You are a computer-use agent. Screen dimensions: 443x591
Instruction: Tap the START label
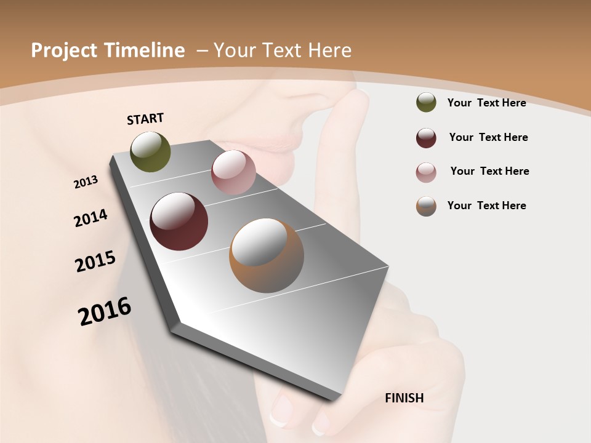pyautogui.click(x=145, y=119)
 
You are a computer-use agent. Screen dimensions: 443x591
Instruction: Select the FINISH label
pyautogui.click(x=404, y=398)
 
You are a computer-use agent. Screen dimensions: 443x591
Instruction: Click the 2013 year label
pyautogui.click(x=86, y=182)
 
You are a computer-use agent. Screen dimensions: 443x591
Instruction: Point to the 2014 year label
pyautogui.click(x=91, y=218)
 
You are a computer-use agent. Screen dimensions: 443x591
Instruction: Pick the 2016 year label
pyautogui.click(x=105, y=311)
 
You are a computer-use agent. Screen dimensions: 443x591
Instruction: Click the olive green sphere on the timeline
pyautogui.click(x=150, y=151)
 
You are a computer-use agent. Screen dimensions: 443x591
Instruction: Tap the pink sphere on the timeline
pyautogui.click(x=233, y=172)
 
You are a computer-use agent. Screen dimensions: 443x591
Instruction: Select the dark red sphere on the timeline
pyautogui.click(x=179, y=221)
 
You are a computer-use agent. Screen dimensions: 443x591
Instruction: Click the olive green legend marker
pyautogui.click(x=426, y=103)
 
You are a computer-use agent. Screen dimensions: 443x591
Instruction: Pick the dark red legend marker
pyautogui.click(x=426, y=138)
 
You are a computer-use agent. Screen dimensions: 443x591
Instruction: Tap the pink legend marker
pyautogui.click(x=426, y=172)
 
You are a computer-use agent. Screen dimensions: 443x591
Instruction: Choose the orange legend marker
pyautogui.click(x=426, y=206)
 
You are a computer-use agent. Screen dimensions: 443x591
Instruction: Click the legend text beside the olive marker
pyautogui.click(x=486, y=103)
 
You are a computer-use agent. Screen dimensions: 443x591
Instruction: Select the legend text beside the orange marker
pyautogui.click(x=486, y=206)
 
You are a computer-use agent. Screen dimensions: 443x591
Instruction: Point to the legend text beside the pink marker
pyautogui.click(x=489, y=171)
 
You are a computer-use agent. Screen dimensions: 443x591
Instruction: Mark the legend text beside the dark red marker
pyautogui.click(x=488, y=137)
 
